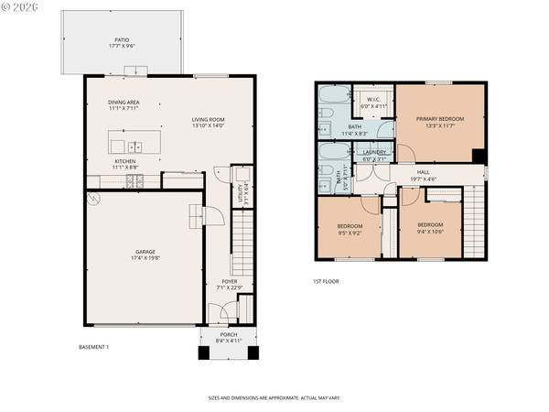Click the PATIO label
[122, 38]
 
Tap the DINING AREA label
[124, 103]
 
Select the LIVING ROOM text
[208, 119]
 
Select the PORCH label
[228, 334]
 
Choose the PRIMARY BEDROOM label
[440, 119]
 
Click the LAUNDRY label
[374, 152]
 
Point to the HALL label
[424, 170]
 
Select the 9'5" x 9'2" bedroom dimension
[350, 233]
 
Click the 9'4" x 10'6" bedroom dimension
[430, 232]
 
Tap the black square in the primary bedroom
[477, 155]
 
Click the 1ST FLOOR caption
[325, 281]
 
